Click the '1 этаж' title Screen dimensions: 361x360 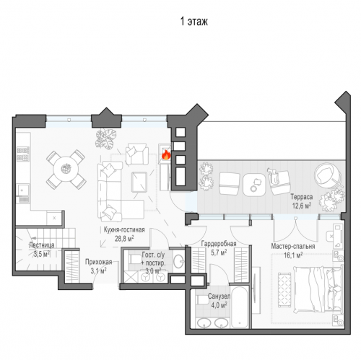[x=194, y=22]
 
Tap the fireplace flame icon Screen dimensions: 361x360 [x=166, y=155]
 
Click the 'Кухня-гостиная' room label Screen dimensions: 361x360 [x=124, y=229]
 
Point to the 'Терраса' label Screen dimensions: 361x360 [x=302, y=197]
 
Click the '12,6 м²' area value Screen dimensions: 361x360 [x=302, y=206]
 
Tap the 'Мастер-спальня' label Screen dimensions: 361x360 [x=293, y=246]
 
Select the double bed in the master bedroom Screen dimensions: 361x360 [x=318, y=289]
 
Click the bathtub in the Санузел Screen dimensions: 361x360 [x=239, y=307]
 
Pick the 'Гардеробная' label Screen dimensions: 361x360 [x=219, y=244]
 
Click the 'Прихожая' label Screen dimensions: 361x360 [x=98, y=262]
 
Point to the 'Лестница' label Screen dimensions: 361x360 [x=41, y=245]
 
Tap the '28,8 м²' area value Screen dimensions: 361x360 [x=124, y=239]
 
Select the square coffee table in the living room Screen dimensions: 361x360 [x=139, y=182]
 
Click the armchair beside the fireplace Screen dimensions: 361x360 [x=137, y=154]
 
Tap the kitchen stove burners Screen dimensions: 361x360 [x=23, y=154]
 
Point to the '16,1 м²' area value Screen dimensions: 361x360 [x=293, y=255]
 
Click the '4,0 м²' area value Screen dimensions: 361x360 [x=219, y=305]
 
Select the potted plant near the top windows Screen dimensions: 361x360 [x=105, y=139]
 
